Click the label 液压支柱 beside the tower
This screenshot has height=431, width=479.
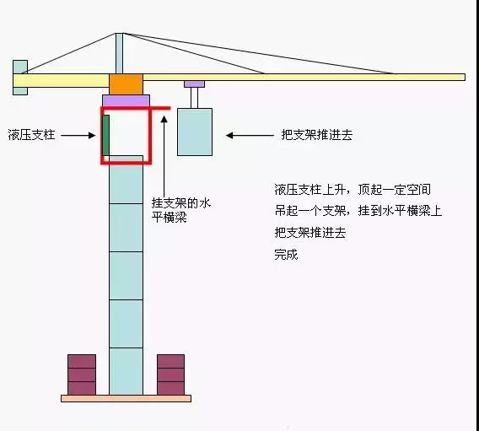point(31,135)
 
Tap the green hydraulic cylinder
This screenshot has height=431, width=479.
point(105,135)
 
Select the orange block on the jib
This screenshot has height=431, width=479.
point(126,84)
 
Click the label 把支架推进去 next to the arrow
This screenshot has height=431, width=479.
point(317,135)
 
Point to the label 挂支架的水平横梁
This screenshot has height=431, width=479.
point(180,210)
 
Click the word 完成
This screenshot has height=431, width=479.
point(286,254)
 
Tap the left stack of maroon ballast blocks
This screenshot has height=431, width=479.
point(82,374)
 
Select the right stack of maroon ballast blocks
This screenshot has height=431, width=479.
point(170,374)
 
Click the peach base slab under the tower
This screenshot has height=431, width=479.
point(126,398)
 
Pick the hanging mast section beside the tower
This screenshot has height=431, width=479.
point(195,132)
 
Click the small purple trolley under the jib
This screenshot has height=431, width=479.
point(194,84)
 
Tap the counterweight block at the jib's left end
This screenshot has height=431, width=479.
point(20,78)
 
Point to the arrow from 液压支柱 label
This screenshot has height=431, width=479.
point(78,135)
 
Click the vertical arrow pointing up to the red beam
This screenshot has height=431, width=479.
point(164,156)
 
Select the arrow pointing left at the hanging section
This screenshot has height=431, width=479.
point(250,135)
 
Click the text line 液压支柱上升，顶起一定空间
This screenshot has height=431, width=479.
point(353,190)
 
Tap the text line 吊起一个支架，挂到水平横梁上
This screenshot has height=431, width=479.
point(358,211)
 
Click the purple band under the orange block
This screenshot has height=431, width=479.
point(126,100)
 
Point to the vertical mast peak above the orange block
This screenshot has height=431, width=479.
point(120,53)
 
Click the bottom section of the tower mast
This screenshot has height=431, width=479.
point(126,371)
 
